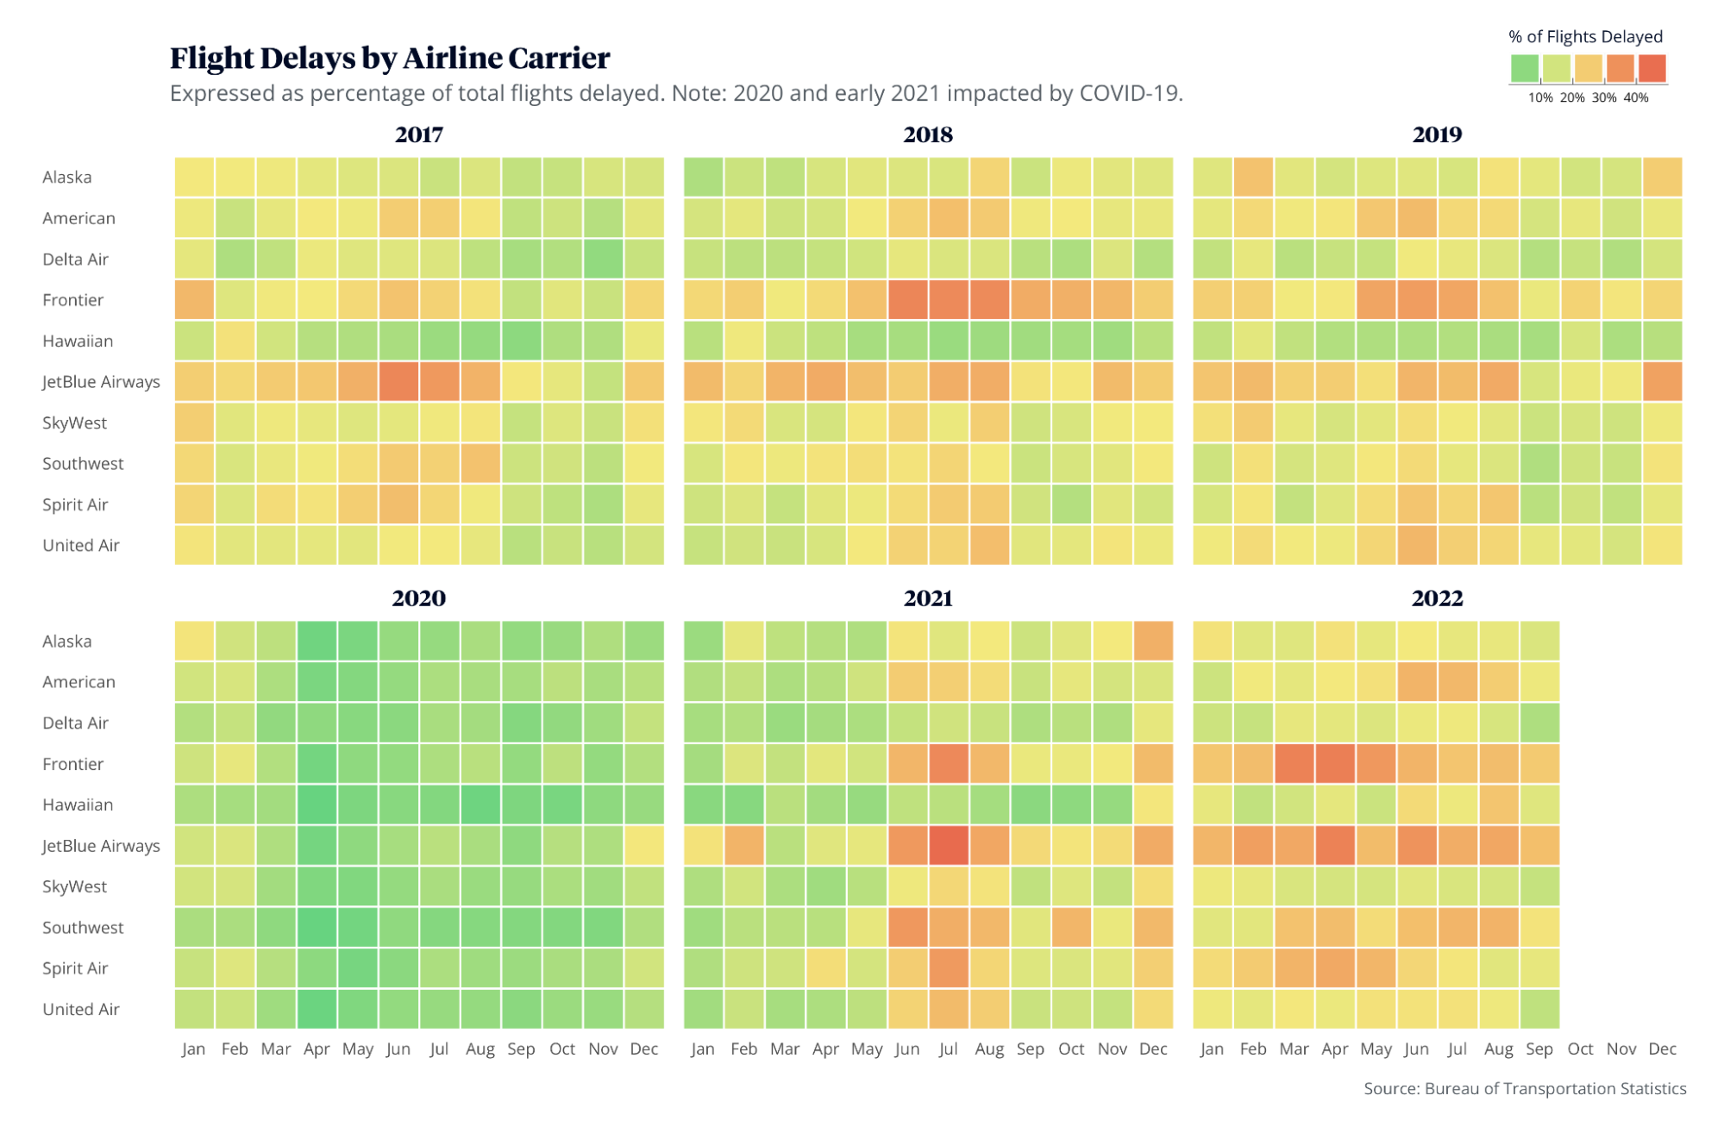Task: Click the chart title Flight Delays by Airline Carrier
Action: [x=389, y=58]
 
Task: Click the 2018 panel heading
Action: [x=927, y=135]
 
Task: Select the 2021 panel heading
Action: [x=927, y=598]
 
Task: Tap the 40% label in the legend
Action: [x=1635, y=98]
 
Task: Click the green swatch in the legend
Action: [x=1524, y=68]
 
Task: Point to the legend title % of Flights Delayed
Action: [x=1585, y=37]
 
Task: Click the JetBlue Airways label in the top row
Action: [x=101, y=382]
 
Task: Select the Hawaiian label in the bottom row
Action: [x=78, y=805]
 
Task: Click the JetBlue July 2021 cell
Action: [x=948, y=846]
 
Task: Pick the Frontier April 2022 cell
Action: [x=1334, y=764]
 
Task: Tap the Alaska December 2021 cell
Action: [x=1153, y=641]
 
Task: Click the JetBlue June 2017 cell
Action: [x=398, y=382]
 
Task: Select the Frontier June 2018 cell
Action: [x=907, y=300]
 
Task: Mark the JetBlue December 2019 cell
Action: [x=1662, y=382]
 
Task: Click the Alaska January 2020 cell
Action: [x=194, y=641]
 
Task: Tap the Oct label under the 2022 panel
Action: [x=1580, y=1049]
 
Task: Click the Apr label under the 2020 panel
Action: [x=317, y=1049]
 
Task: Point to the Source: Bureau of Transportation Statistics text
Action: [x=1524, y=1089]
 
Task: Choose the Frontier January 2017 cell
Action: [x=194, y=300]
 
